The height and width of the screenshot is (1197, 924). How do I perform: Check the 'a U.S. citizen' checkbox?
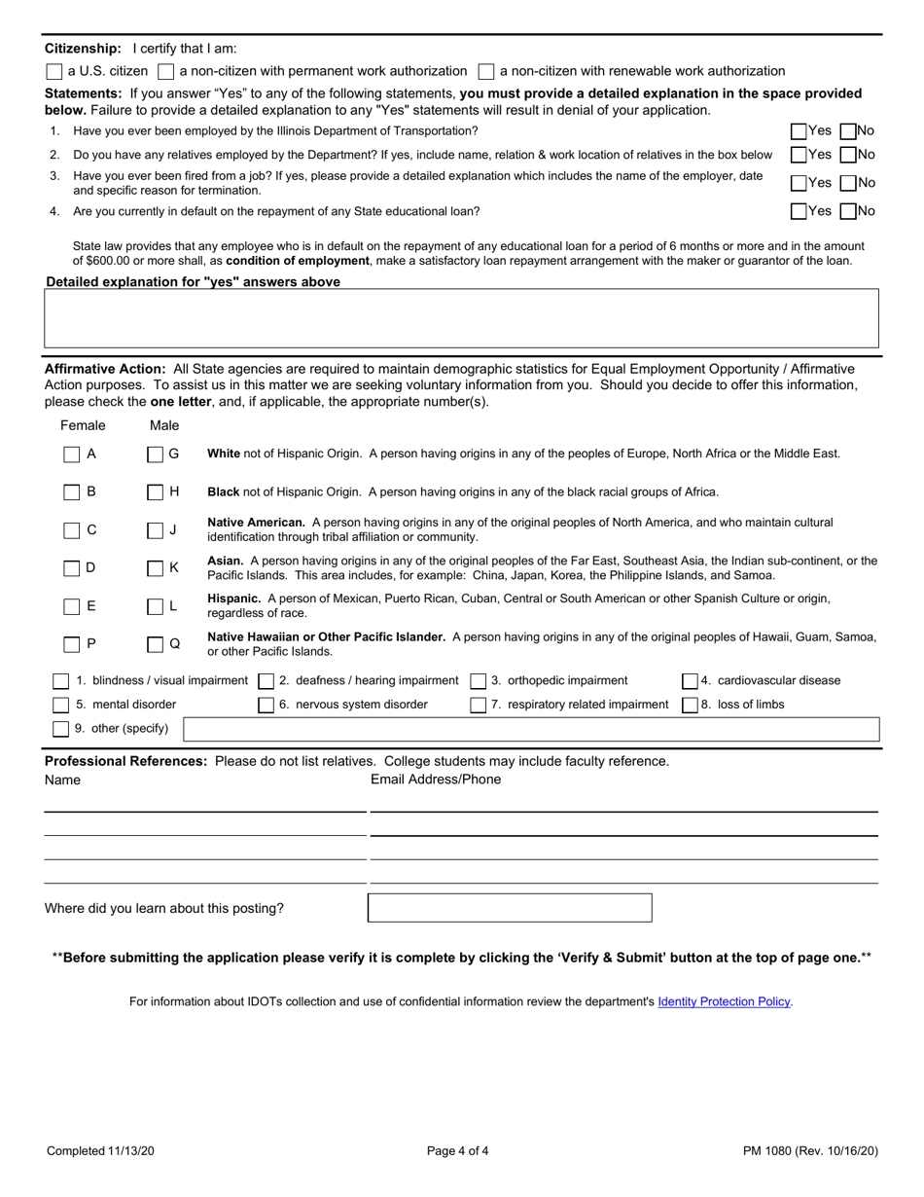54,71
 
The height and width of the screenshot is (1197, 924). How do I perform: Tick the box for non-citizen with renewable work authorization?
486,71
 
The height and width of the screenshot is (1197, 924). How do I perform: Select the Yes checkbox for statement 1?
799,130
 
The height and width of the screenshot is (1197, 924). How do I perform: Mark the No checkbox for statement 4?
847,210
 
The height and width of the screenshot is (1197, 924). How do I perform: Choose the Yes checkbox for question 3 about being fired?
799,182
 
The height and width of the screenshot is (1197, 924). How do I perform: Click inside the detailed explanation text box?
461,318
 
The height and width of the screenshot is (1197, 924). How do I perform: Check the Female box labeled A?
72,453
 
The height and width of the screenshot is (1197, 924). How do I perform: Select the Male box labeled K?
156,567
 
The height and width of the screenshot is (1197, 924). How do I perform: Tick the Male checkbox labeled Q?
156,643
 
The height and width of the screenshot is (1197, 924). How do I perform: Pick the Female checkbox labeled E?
72,606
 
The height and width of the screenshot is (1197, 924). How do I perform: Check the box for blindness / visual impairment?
61,680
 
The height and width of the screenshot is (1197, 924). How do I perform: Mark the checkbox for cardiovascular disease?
690,680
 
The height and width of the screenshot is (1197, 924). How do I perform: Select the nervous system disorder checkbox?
266,705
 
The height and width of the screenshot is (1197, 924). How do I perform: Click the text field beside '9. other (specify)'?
531,729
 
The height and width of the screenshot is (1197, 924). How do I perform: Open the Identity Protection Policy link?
725,1001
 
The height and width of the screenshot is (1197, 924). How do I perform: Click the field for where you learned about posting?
510,908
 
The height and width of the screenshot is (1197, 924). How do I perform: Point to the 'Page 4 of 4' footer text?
458,1151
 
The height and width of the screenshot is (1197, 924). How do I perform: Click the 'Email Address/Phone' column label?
436,780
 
